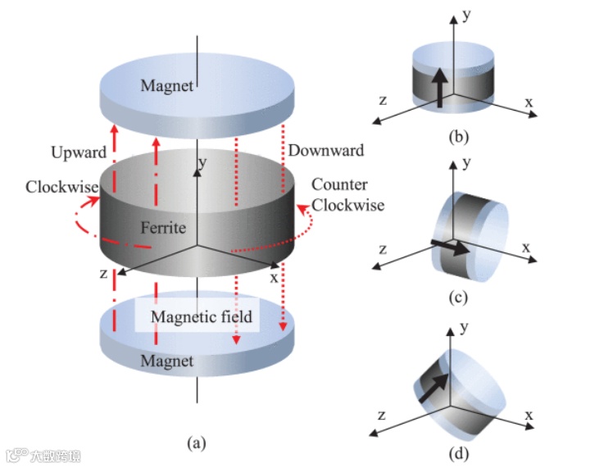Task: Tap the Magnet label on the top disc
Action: click(x=167, y=85)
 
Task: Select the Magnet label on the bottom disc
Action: click(x=167, y=361)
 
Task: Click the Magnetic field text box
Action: click(x=201, y=316)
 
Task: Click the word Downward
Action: click(x=325, y=151)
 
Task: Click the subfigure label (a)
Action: click(x=195, y=443)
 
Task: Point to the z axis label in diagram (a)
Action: click(x=104, y=273)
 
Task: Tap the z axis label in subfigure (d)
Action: click(x=382, y=410)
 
